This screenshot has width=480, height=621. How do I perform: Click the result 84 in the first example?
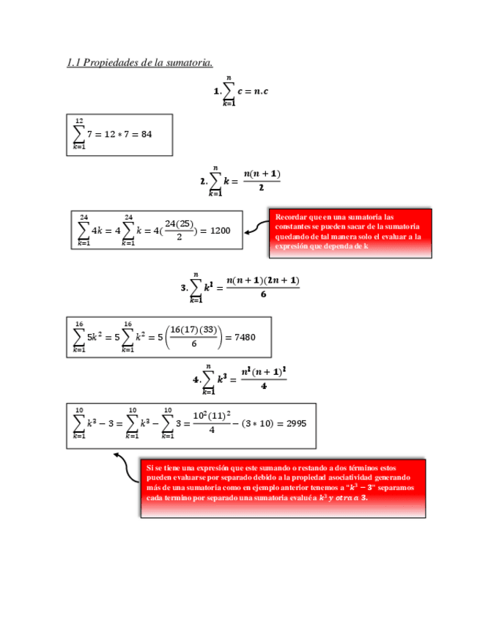coord(146,134)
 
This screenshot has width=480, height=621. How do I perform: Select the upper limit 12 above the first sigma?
coord(79,121)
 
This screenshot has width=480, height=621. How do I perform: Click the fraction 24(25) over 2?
coord(179,230)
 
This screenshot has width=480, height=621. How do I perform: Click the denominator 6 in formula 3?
coord(262,295)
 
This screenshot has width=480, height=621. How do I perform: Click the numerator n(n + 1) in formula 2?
coord(262,174)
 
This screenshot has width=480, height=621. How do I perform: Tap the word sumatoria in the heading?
coord(190,63)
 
